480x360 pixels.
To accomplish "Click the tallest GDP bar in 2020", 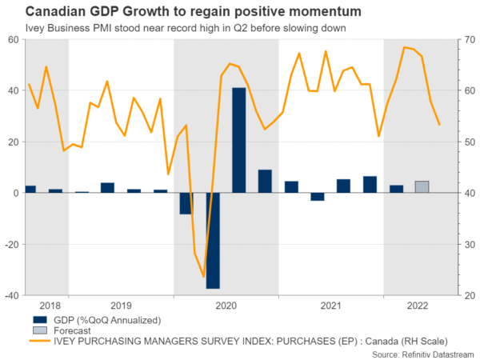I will pyautogui.click(x=238, y=140).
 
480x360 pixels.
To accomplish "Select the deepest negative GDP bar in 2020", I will pyautogui.click(x=212, y=240).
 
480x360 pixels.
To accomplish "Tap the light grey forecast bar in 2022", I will pyautogui.click(x=422, y=187).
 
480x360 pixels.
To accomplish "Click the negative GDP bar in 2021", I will pyautogui.click(x=317, y=197).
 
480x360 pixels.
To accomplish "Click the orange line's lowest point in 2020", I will pyautogui.click(x=203, y=277).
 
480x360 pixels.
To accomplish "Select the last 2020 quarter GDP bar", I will pyautogui.click(x=265, y=181).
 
